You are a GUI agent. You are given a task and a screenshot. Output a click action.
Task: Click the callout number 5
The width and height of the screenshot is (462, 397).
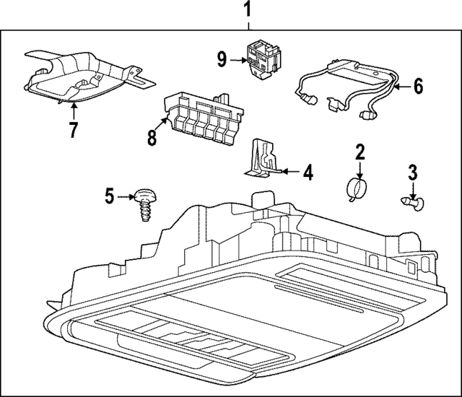110,196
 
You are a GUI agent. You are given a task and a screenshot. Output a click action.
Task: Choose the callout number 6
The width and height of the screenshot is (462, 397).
418,87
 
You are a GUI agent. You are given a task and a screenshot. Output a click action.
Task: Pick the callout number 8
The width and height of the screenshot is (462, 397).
152,136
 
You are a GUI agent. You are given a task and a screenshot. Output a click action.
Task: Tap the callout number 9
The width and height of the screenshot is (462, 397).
222,59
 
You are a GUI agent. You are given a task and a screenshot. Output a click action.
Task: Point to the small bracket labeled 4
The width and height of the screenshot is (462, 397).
261,160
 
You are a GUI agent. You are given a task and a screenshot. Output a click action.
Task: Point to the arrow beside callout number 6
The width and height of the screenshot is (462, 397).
401,87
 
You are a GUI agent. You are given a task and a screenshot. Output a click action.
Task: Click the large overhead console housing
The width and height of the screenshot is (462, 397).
238,289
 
